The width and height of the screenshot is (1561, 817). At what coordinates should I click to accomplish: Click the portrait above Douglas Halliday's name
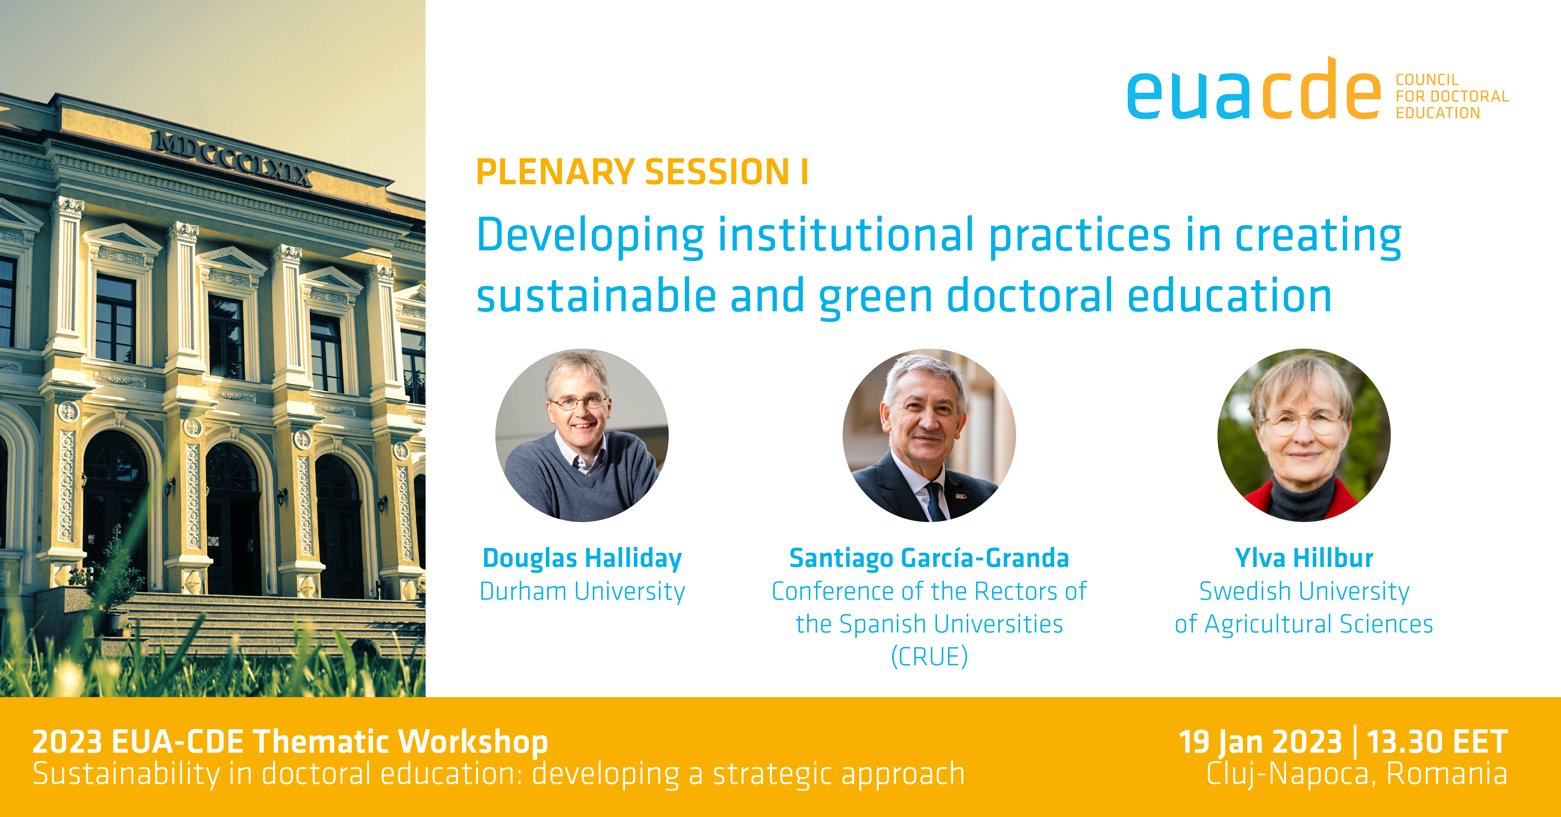click(582, 435)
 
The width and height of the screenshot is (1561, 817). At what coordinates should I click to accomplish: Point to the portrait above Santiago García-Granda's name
click(929, 435)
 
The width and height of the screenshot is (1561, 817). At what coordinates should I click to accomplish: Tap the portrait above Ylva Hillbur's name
click(1304, 435)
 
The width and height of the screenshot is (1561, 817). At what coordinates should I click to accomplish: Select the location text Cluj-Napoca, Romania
click(1357, 774)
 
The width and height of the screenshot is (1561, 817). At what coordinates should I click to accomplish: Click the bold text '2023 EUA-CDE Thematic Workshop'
click(290, 742)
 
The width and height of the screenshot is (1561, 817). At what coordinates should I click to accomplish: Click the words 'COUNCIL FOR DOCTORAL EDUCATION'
click(1452, 96)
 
